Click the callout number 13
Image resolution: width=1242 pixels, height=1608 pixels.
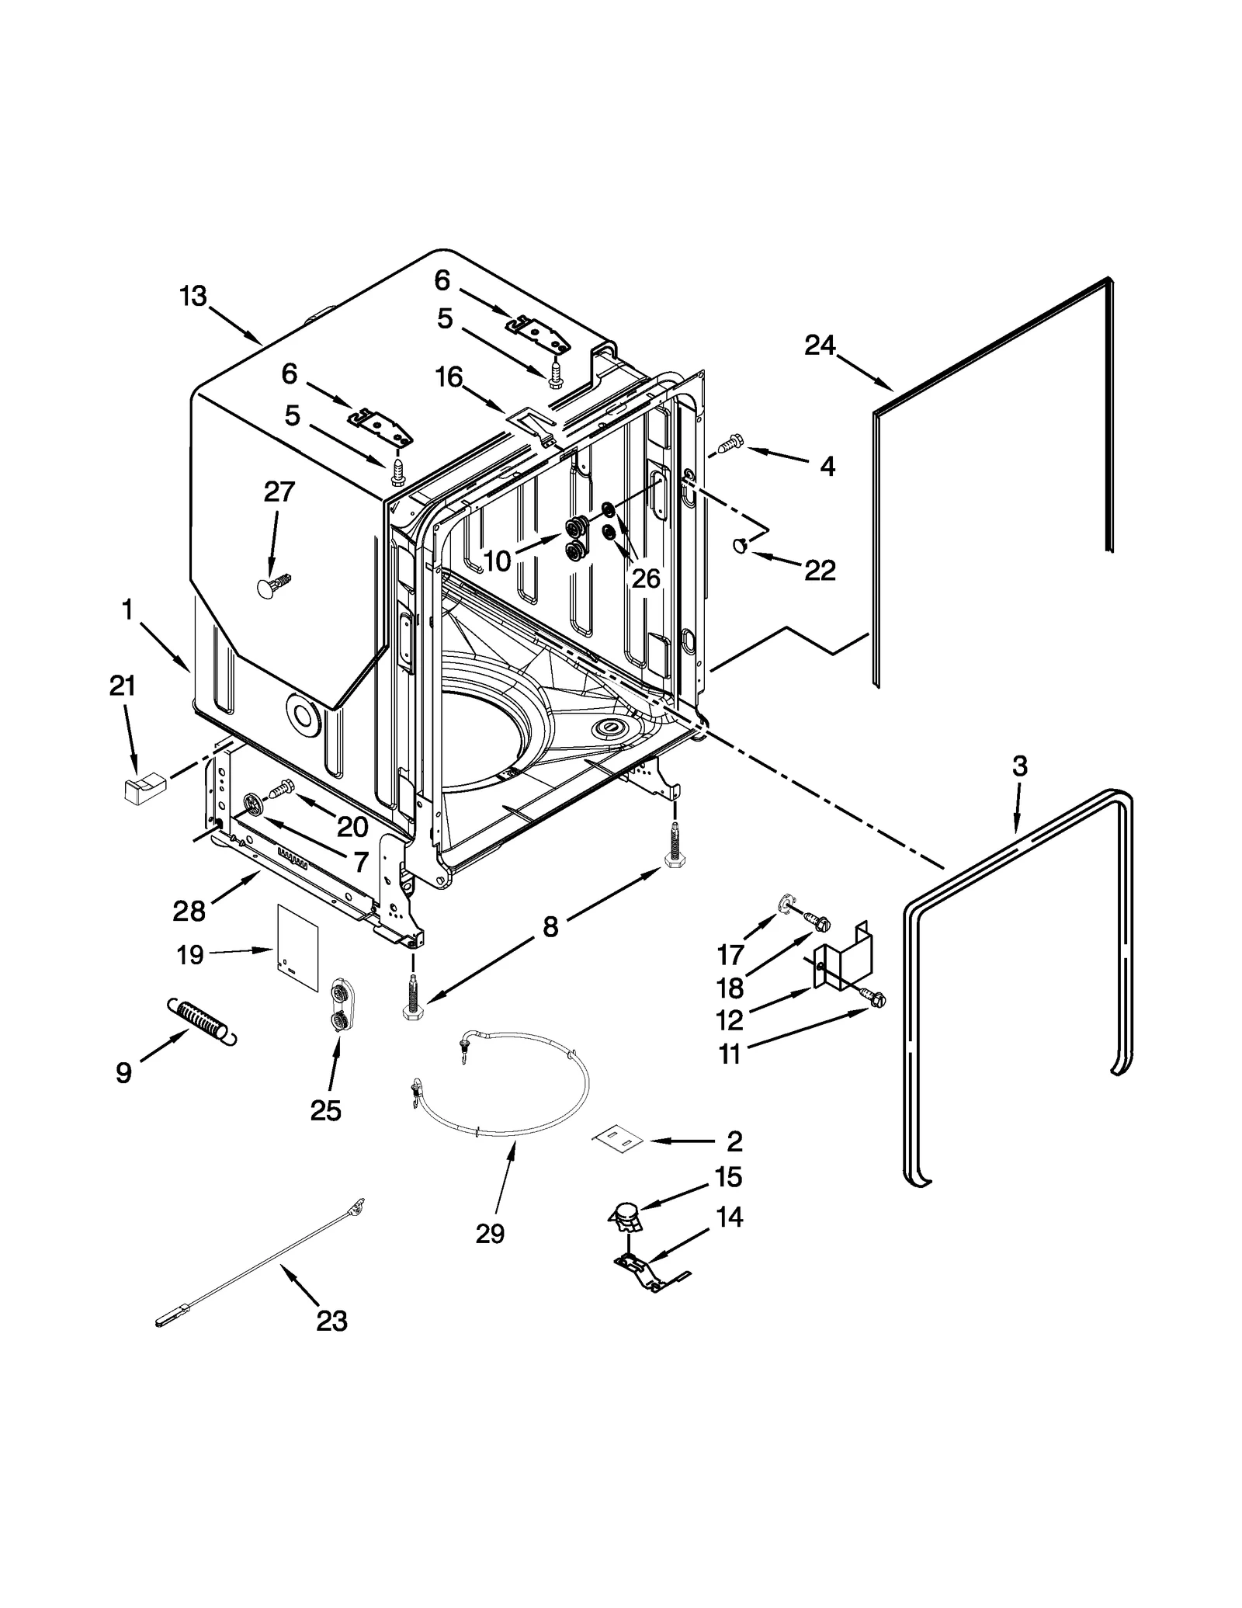[193, 296]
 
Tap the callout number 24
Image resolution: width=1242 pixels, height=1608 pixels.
[819, 345]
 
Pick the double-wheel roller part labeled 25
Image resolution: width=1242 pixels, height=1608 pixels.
[338, 1007]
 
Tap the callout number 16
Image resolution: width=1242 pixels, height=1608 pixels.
[449, 377]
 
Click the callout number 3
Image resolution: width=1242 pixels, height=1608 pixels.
[1019, 766]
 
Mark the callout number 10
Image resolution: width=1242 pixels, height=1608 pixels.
[497, 561]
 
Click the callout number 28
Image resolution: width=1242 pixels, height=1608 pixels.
[189, 910]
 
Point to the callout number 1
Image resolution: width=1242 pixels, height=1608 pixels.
[127, 610]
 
